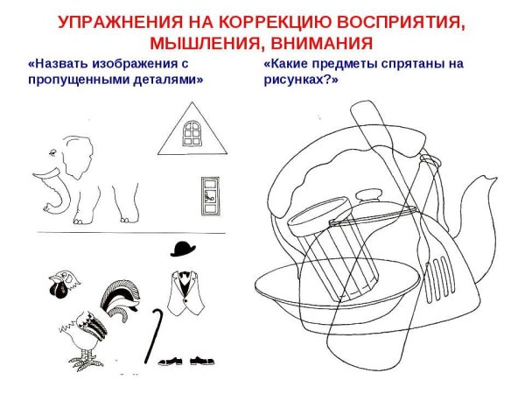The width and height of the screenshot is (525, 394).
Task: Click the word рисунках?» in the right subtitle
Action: (x=299, y=80)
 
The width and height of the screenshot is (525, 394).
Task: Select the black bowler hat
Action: (x=183, y=249)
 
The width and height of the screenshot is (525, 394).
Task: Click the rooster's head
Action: (x=60, y=281)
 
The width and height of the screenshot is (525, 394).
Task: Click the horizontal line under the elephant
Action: (x=131, y=232)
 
